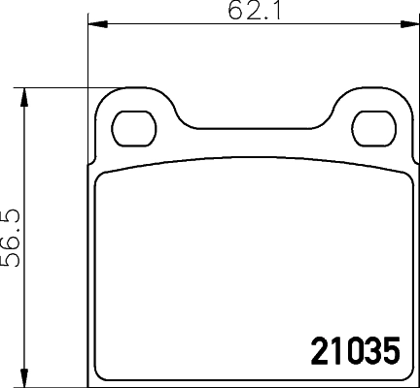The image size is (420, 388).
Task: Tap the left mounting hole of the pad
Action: (x=134, y=125)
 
